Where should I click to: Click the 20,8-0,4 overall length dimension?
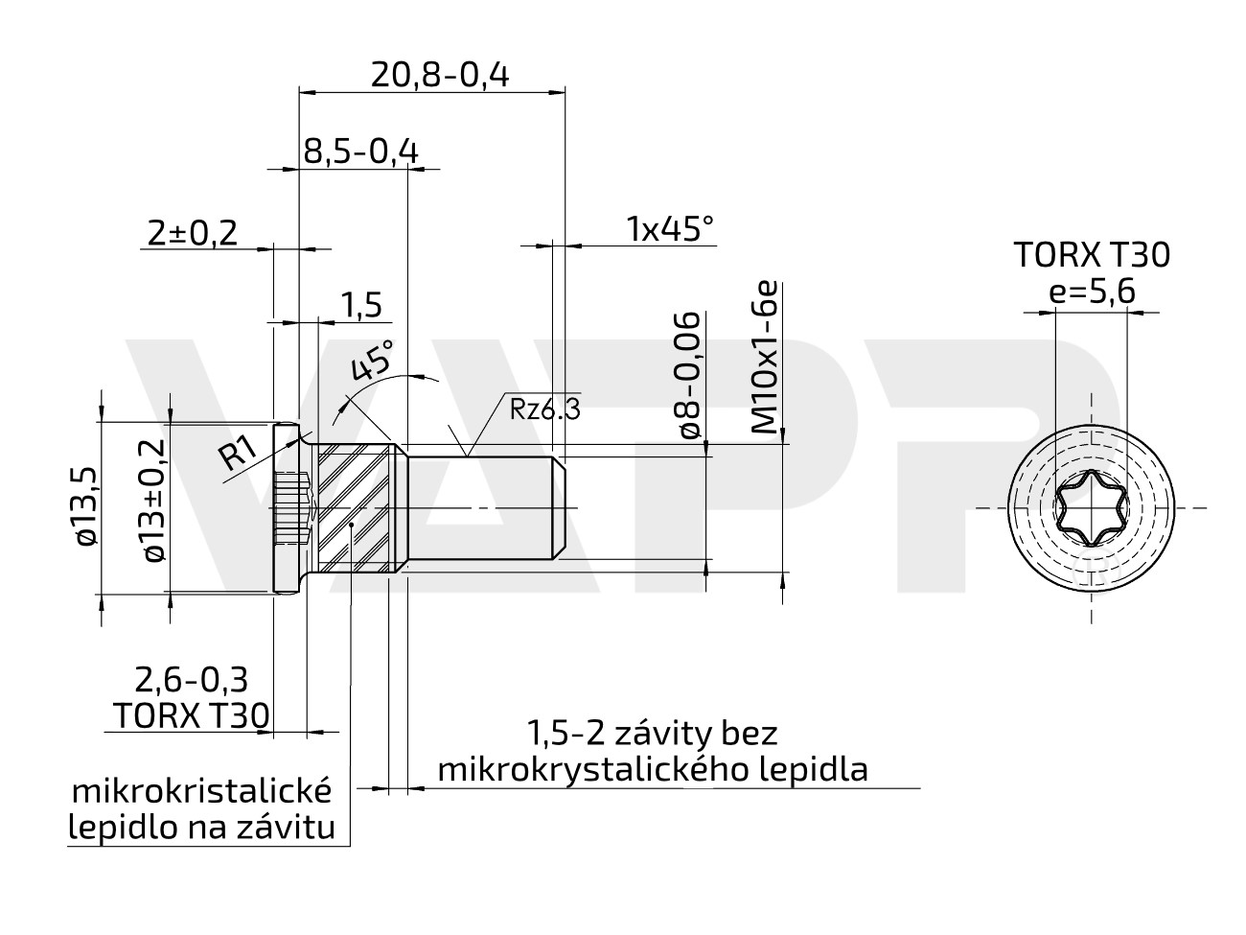point(440,74)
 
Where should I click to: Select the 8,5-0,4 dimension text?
point(360,152)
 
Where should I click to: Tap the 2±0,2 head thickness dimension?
point(193,232)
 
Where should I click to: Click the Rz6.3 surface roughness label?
point(544,410)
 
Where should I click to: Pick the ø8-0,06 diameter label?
point(690,375)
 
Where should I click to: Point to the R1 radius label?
point(236,452)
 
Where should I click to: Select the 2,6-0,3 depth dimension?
point(192,680)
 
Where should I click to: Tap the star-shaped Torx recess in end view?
point(1090,507)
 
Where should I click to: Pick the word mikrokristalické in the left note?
point(202,792)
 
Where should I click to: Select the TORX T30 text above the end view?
point(1092,255)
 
